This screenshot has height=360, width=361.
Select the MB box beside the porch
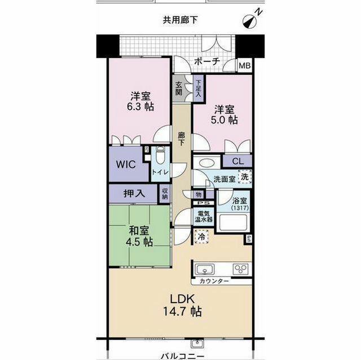click(x=245, y=66)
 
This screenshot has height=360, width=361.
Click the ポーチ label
click(x=206, y=62)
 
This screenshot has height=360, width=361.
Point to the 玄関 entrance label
click(x=179, y=88)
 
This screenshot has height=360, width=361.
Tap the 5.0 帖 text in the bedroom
click(x=225, y=120)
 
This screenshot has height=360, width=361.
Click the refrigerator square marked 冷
click(x=201, y=237)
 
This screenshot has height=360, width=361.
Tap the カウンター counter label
click(x=214, y=281)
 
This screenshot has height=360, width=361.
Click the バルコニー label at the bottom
click(x=181, y=354)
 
